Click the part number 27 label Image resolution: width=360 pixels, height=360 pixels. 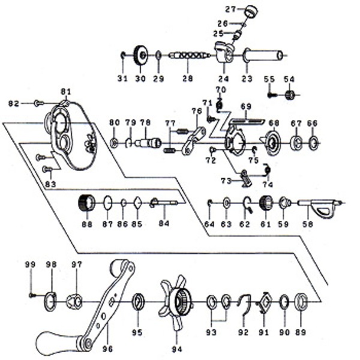click(230, 10)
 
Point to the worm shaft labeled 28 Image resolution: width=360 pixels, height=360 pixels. click(190, 56)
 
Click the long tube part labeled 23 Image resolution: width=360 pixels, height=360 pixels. click(263, 55)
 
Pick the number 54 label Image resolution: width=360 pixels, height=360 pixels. click(289, 79)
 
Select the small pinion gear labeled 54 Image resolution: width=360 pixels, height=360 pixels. click(290, 95)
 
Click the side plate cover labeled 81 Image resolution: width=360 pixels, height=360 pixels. click(71, 136)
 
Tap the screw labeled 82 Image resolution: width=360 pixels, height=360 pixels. click(38, 103)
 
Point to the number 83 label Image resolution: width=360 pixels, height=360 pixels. click(50, 184)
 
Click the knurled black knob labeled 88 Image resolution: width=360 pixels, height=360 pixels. click(86, 203)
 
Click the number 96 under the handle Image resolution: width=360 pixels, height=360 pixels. click(107, 349)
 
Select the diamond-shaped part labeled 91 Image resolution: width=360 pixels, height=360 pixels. click(264, 302)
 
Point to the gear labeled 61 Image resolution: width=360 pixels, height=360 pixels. click(266, 202)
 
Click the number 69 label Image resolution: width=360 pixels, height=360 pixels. click(246, 107)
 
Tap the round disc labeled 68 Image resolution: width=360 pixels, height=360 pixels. click(273, 143)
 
